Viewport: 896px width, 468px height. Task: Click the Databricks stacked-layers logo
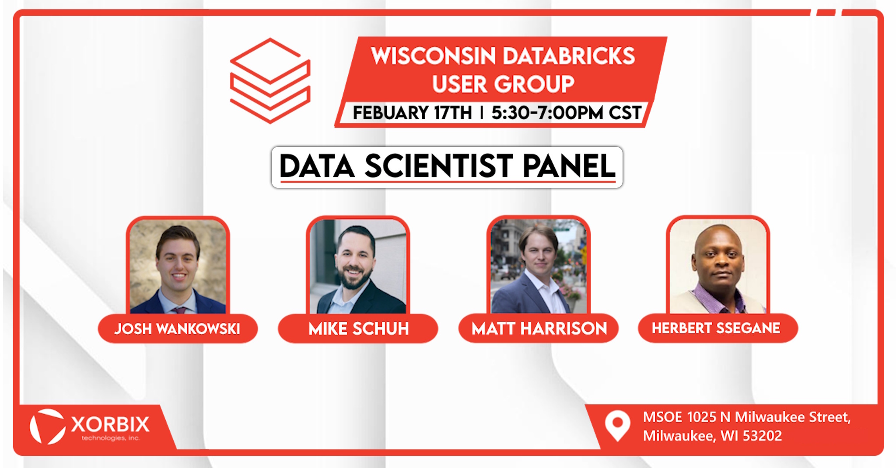click(x=270, y=81)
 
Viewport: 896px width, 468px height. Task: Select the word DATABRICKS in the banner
click(x=569, y=56)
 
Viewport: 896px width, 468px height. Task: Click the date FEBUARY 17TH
click(x=413, y=113)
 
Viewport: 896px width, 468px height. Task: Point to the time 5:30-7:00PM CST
click(x=566, y=113)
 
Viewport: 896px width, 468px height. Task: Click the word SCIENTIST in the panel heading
click(x=439, y=166)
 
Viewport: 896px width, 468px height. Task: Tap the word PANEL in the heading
click(x=569, y=166)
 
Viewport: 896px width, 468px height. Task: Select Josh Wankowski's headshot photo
click(x=178, y=266)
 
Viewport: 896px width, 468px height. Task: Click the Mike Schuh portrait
click(x=358, y=266)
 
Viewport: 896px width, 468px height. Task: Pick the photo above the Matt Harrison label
click(x=539, y=266)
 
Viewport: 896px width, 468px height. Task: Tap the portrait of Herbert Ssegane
click(x=718, y=266)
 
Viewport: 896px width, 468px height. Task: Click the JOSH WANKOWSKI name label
click(x=178, y=329)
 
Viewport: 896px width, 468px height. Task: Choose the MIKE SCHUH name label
click(x=358, y=329)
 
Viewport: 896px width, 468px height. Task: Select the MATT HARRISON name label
click(x=539, y=328)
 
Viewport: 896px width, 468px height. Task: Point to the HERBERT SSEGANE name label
click(x=718, y=328)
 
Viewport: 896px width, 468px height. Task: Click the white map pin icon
click(x=617, y=426)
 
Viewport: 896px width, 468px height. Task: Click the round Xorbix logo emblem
click(x=47, y=426)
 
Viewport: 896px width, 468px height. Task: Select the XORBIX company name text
click(x=110, y=424)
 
